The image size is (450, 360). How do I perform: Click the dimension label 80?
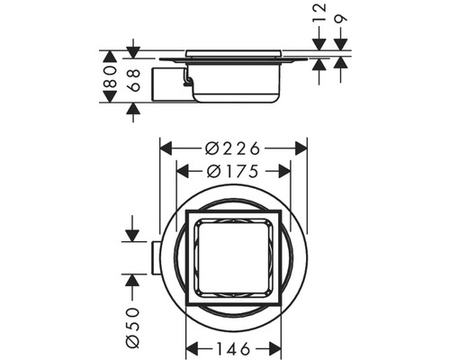[109, 81]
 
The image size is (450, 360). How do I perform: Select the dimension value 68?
[132, 81]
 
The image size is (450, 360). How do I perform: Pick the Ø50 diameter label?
[132, 326]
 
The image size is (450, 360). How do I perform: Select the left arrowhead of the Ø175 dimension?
[181, 169]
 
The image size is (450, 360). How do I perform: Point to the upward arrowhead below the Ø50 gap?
[132, 280]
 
